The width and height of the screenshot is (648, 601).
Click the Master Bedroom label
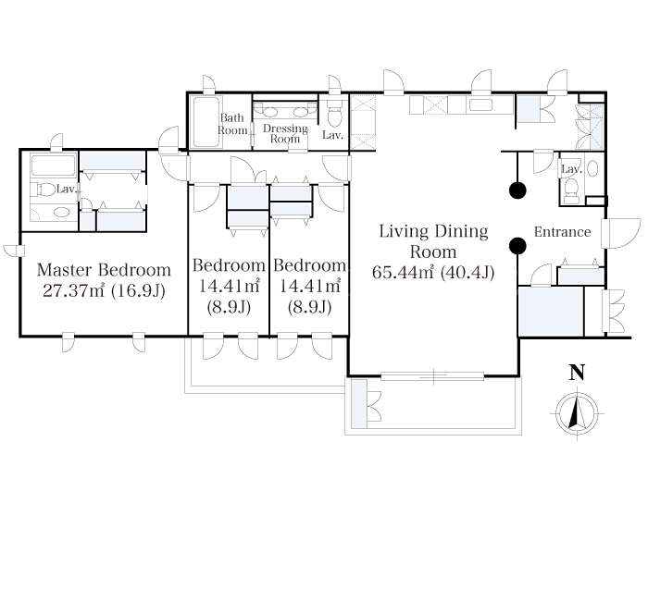pos(104,270)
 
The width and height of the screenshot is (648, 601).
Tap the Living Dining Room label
pos(433,241)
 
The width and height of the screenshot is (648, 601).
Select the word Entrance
pos(562,231)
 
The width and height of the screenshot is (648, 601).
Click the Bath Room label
pos(232,124)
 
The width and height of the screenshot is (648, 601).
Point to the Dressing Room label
pos(285,133)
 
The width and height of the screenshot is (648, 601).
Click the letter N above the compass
pos(577,373)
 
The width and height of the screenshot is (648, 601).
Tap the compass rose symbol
pos(577,412)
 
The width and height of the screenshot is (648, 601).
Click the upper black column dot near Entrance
pos(517,190)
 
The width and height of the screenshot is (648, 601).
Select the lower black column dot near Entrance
pos(517,246)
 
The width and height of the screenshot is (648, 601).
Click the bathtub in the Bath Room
pos(206,122)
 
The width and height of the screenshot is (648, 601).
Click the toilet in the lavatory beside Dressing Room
pos(334,115)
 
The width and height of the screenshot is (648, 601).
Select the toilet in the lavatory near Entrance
pos(571,191)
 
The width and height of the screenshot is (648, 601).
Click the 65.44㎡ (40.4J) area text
pos(433,273)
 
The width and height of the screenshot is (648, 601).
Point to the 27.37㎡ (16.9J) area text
pos(104,290)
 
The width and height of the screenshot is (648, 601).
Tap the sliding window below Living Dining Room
pos(432,376)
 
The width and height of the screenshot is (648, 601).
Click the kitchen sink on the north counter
pos(480,105)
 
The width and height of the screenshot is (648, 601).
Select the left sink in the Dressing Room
pos(269,112)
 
